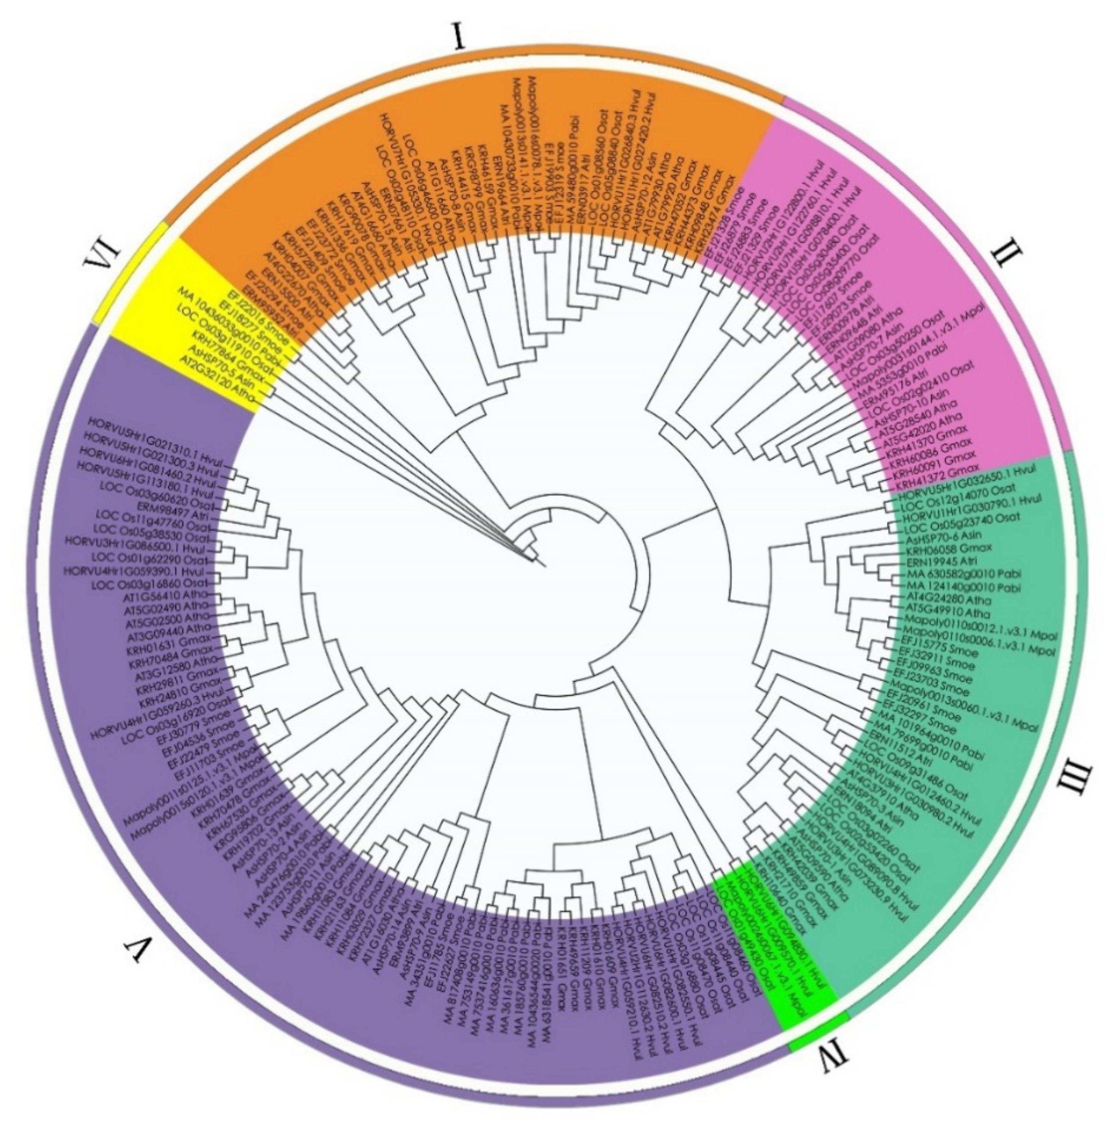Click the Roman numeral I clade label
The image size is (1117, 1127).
pos(459,36)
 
